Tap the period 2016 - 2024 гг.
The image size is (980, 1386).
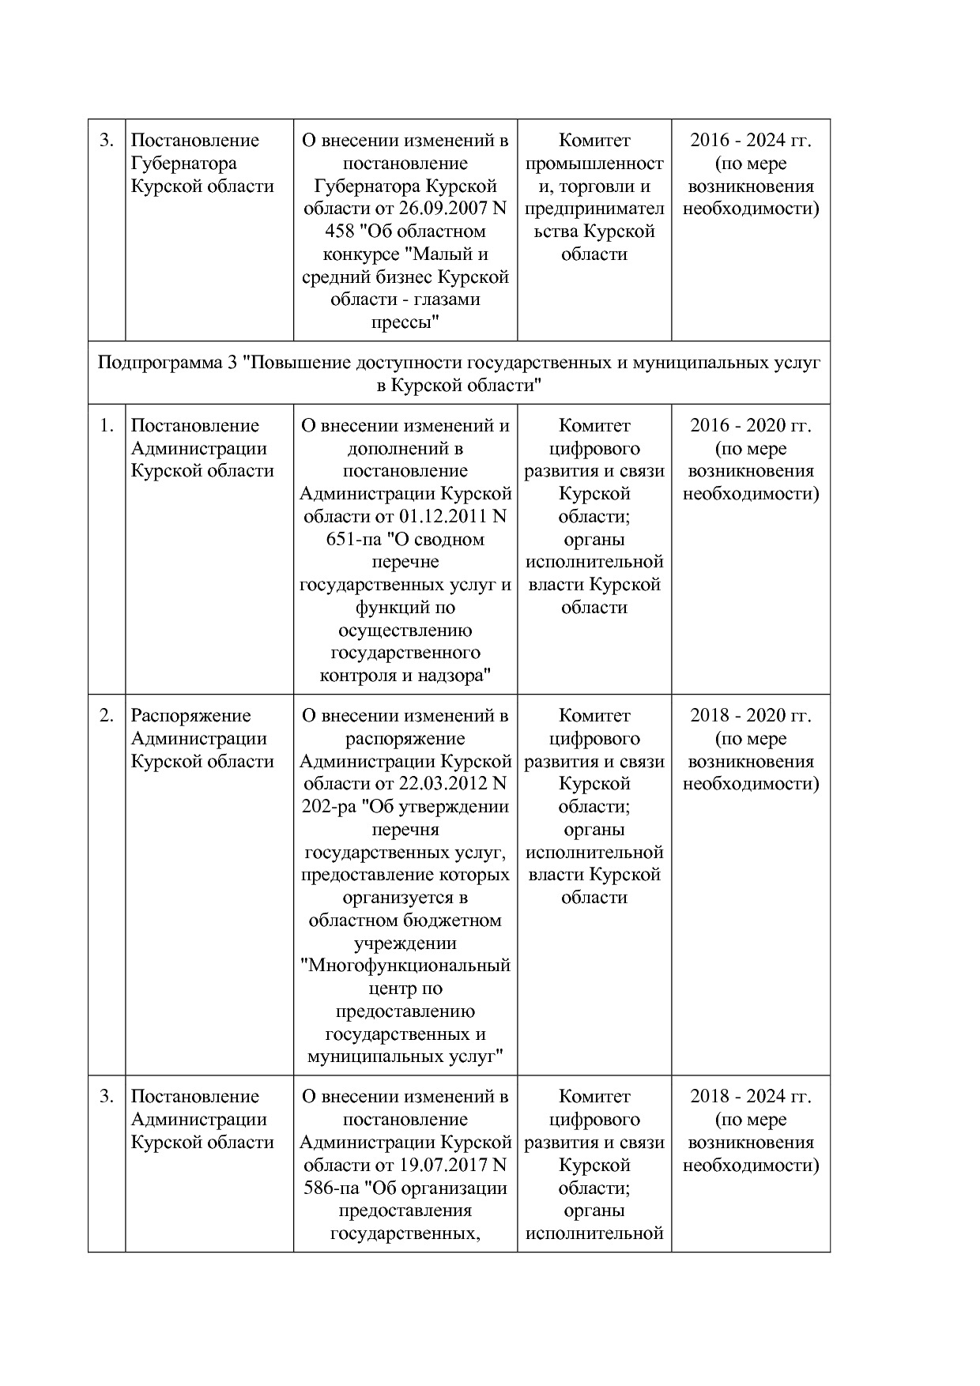click(750, 141)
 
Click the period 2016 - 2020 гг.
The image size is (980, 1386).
click(750, 426)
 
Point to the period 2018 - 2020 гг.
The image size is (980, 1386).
click(750, 716)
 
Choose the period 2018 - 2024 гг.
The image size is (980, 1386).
click(750, 1097)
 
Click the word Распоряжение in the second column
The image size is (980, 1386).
click(190, 716)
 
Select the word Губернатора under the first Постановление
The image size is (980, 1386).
click(183, 164)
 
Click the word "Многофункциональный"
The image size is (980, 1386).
click(406, 966)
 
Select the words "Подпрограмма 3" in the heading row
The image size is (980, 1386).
click(167, 363)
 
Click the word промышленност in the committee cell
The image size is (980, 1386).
click(594, 164)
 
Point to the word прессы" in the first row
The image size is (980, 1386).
click(405, 323)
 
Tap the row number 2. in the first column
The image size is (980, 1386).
click(107, 716)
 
